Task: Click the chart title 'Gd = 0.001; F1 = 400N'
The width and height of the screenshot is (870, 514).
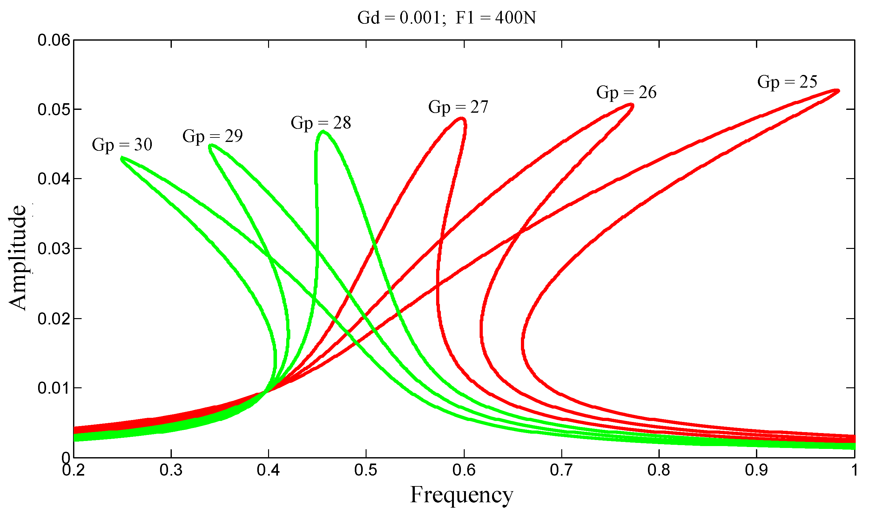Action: coord(446,17)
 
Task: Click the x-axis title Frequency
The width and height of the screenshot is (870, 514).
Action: coord(462,495)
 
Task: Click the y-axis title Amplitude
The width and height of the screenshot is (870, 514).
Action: coord(17,258)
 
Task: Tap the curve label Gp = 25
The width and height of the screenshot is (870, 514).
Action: coord(787,82)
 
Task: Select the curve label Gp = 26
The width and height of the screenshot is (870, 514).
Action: coord(626,92)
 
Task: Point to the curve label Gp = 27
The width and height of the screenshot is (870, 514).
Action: coord(458,107)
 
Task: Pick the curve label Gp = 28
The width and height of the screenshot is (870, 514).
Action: coord(321,123)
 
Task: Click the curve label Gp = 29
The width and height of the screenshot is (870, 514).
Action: coord(212,136)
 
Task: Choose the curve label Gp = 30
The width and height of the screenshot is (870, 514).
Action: coord(122,145)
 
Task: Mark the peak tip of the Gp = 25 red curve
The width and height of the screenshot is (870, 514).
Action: coord(838,91)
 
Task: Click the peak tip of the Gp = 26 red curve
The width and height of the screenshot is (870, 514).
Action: coord(632,104)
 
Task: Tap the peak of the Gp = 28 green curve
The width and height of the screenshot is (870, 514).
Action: coord(323,131)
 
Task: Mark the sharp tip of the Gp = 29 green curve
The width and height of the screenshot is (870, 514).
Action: coord(210,146)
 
